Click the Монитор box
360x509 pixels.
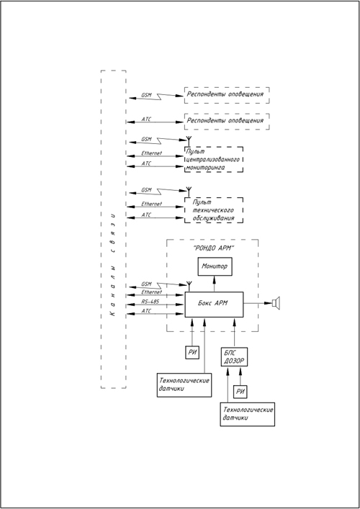pyautogui.click(x=215, y=266)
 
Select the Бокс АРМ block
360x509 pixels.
pyautogui.click(x=214, y=304)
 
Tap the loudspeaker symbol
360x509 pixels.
pyautogui.click(x=276, y=303)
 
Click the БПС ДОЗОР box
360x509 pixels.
pyautogui.click(x=234, y=357)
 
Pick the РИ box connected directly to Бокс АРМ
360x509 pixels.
pyautogui.click(x=192, y=353)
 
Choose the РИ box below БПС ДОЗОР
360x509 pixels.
pyautogui.click(x=240, y=392)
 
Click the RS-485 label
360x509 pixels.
pyautogui.click(x=150, y=302)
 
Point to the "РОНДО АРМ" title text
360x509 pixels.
pyautogui.click(x=214, y=248)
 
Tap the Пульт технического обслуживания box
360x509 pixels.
pyautogui.click(x=214, y=210)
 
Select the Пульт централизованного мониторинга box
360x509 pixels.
pyautogui.click(x=214, y=159)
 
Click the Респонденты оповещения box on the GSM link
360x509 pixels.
pyautogui.click(x=227, y=95)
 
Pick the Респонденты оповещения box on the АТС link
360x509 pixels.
pyautogui.click(x=227, y=122)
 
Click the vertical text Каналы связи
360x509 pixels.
pyautogui.click(x=113, y=264)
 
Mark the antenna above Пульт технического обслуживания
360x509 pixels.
pyautogui.click(x=189, y=192)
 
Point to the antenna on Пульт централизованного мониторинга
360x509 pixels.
pyautogui.click(x=189, y=141)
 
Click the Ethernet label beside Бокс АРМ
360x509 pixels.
pyautogui.click(x=151, y=292)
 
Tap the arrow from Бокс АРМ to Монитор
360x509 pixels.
pyautogui.click(x=215, y=284)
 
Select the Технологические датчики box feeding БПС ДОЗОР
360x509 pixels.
pyautogui.click(x=248, y=414)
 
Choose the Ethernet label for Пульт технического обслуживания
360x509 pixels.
pyautogui.click(x=151, y=204)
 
